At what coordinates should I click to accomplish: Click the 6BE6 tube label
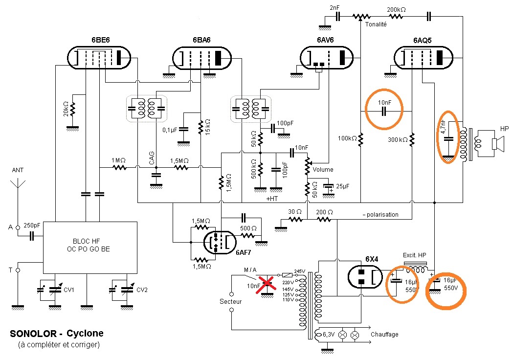pyautogui.click(x=100, y=40)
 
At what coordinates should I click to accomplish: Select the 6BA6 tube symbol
pyautogui.click(x=201, y=58)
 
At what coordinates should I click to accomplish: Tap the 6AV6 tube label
pyautogui.click(x=325, y=40)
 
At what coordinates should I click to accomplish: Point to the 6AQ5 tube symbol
pyautogui.click(x=424, y=58)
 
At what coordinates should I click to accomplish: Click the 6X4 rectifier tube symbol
pyautogui.click(x=365, y=277)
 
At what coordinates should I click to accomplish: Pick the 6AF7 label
pyautogui.click(x=244, y=253)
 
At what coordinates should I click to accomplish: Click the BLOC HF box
pyautogui.click(x=90, y=248)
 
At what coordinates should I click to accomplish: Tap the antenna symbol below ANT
pyautogui.click(x=18, y=183)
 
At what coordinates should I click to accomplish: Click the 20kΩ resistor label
pyautogui.click(x=66, y=109)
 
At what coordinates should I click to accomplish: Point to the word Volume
pyautogui.click(x=323, y=170)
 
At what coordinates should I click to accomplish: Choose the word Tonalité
pyautogui.click(x=376, y=24)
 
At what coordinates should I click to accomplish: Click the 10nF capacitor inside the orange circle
pyautogui.click(x=384, y=111)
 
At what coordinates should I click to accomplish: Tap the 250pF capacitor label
pyautogui.click(x=32, y=225)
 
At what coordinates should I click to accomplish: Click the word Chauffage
pyautogui.click(x=384, y=334)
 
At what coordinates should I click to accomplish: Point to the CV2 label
pyautogui.click(x=142, y=290)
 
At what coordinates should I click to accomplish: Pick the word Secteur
pyautogui.click(x=231, y=301)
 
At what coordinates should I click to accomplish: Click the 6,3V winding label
pyautogui.click(x=329, y=335)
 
